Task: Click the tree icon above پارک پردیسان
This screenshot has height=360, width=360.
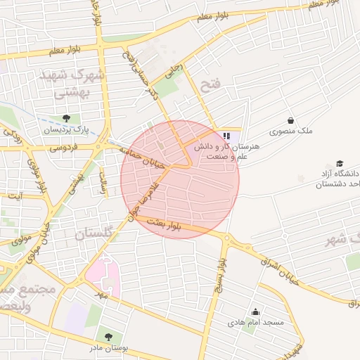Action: pyautogui.click(x=66, y=118)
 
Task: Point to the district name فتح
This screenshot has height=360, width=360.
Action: pyautogui.click(x=210, y=86)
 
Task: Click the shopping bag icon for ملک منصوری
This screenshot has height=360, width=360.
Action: pyautogui.click(x=290, y=120)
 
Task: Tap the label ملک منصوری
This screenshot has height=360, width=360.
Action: pyautogui.click(x=291, y=131)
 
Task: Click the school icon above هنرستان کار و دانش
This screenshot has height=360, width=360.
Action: pyautogui.click(x=226, y=135)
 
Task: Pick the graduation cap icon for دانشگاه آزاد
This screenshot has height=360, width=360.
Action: pyautogui.click(x=340, y=163)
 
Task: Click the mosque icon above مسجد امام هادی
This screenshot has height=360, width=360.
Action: pyautogui.click(x=255, y=311)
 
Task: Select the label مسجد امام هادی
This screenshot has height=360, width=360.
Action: pyautogui.click(x=255, y=323)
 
